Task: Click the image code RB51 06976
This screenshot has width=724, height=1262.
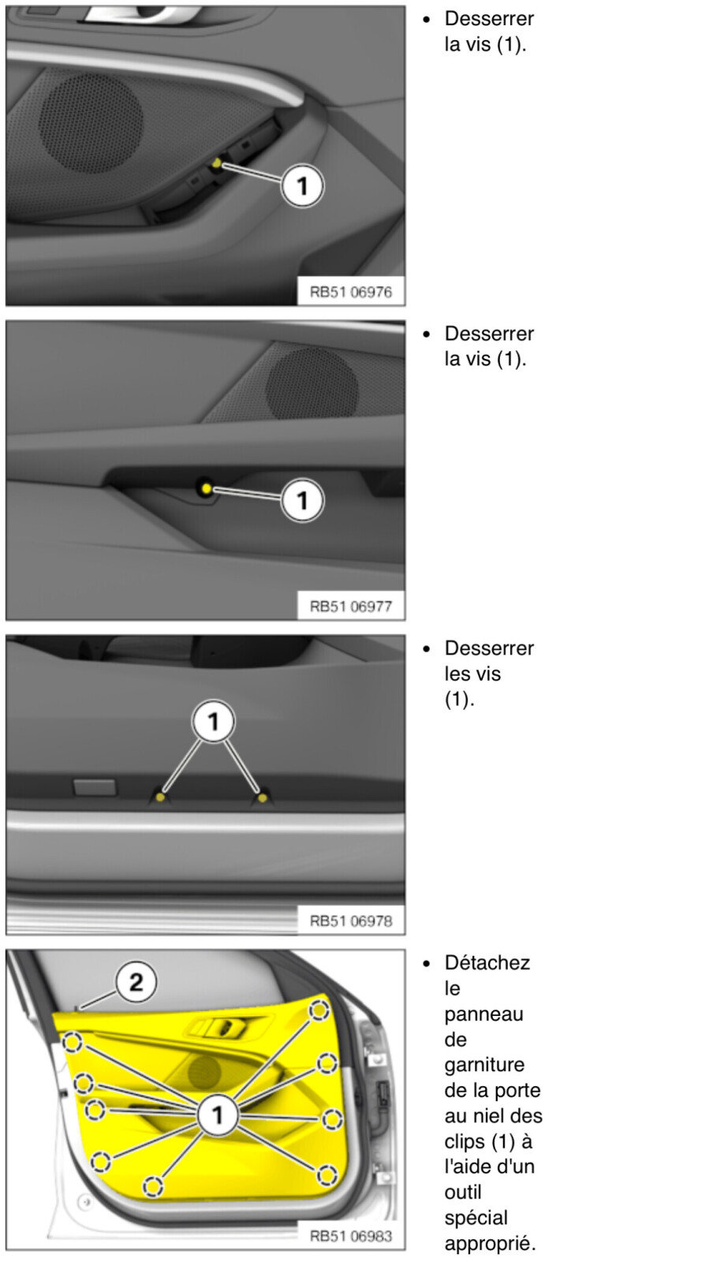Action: (350, 292)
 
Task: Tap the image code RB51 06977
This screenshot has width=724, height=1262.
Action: (350, 607)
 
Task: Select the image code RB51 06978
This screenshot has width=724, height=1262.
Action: (350, 920)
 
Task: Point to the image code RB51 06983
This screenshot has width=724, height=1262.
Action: (350, 1235)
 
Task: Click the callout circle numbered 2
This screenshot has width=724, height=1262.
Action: (136, 982)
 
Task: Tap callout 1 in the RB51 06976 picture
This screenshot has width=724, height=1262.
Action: (303, 186)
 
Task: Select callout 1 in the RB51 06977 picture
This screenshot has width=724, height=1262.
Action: (303, 500)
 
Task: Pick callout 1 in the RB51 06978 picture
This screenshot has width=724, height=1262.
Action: (213, 721)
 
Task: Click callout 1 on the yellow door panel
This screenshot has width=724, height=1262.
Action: (218, 1115)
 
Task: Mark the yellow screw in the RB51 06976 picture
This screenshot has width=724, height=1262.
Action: (217, 163)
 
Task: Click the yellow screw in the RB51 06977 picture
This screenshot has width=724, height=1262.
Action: (206, 488)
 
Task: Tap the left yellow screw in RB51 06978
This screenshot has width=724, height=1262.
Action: (160, 797)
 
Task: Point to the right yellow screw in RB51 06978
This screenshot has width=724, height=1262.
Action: (262, 797)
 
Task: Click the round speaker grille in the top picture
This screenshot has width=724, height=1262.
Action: (91, 123)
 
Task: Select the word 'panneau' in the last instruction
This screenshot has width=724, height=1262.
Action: (484, 1014)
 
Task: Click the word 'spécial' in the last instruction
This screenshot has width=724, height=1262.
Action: (476, 1218)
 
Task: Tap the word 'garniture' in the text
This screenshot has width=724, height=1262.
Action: (484, 1064)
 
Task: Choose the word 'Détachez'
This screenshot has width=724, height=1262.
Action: (487, 963)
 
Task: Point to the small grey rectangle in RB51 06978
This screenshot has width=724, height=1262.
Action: (95, 787)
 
